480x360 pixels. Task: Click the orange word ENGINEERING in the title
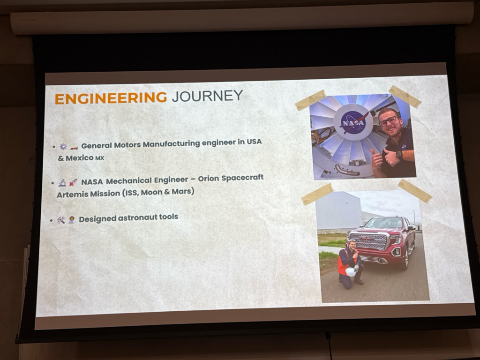click(111, 98)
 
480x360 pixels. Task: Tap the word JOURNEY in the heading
click(207, 96)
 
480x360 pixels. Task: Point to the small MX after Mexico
click(100, 158)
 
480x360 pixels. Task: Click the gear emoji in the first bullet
click(63, 146)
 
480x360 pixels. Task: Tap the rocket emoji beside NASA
click(73, 182)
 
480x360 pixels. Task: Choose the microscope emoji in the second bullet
click(62, 183)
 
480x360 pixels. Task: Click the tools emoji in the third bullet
click(61, 220)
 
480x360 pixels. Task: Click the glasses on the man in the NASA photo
click(388, 121)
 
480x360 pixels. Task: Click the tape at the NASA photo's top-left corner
click(310, 100)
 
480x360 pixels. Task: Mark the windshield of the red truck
click(384, 223)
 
